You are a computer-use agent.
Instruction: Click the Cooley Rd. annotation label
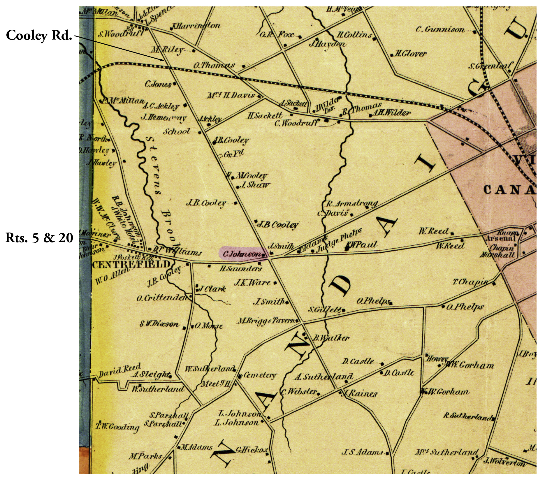pyautogui.click(x=39, y=36)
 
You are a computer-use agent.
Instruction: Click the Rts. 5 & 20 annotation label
pyautogui.click(x=39, y=238)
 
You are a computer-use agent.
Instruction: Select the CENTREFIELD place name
pyautogui.click(x=131, y=265)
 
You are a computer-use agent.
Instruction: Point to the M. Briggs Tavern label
pyautogui.click(x=267, y=321)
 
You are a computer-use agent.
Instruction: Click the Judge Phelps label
pyautogui.click(x=340, y=240)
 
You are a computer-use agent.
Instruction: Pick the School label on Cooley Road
pyautogui.click(x=177, y=131)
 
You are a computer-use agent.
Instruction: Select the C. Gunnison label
pyautogui.click(x=440, y=29)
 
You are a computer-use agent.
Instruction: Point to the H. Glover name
pyautogui.click(x=410, y=54)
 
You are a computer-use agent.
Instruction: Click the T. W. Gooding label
pyautogui.click(x=118, y=427)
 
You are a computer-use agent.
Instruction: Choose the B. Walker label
pyautogui.click(x=331, y=338)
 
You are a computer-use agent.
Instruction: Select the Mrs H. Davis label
pyautogui.click(x=231, y=95)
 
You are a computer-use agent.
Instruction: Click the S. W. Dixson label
pyautogui.click(x=159, y=324)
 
